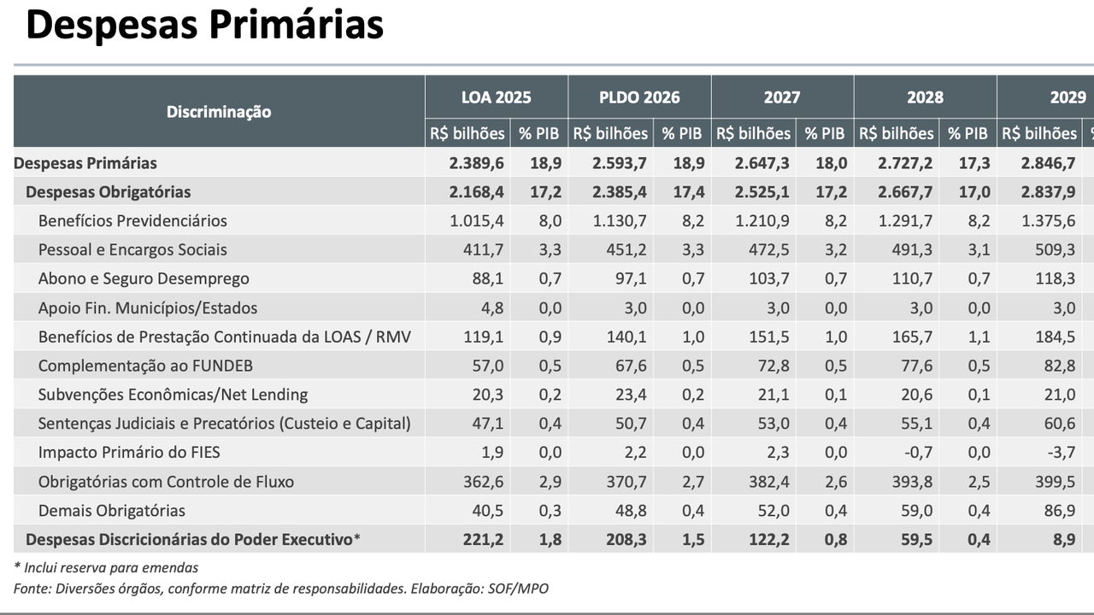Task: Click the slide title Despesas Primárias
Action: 204,26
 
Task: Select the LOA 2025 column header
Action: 496,97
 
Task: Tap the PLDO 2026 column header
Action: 639,97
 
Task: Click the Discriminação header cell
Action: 219,112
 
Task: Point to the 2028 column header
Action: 925,97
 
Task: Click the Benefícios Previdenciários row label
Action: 132,221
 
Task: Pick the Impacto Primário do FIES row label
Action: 129,453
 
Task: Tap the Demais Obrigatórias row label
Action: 111,511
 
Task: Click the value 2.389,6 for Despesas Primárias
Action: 476,163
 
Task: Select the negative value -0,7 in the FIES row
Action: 916,453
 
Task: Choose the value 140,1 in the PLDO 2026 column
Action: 628,337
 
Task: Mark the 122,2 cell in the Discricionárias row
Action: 771,540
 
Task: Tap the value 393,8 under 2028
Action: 914,482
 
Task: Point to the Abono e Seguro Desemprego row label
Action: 144,278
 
